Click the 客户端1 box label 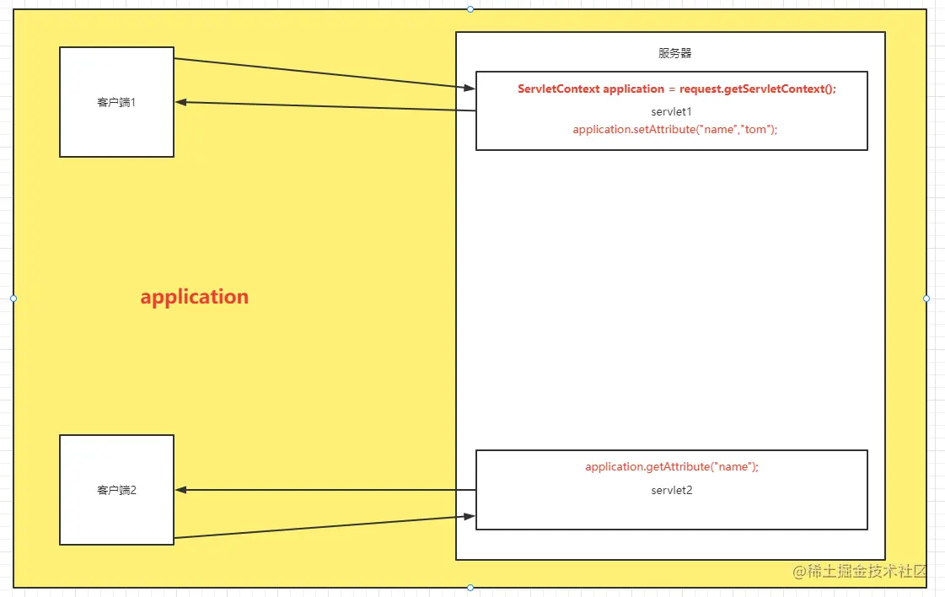(x=116, y=103)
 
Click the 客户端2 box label (x=116, y=490)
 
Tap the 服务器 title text (x=674, y=53)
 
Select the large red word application (x=195, y=297)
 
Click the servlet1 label (x=671, y=111)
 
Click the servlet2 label (x=671, y=490)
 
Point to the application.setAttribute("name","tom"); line (x=674, y=129)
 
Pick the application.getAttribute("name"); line (x=672, y=466)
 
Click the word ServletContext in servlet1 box (x=558, y=89)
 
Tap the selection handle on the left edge (x=13, y=298)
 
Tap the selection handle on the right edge (x=926, y=298)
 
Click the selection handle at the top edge (x=470, y=9)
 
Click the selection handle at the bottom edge (x=470, y=588)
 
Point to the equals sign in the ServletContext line (x=672, y=89)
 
